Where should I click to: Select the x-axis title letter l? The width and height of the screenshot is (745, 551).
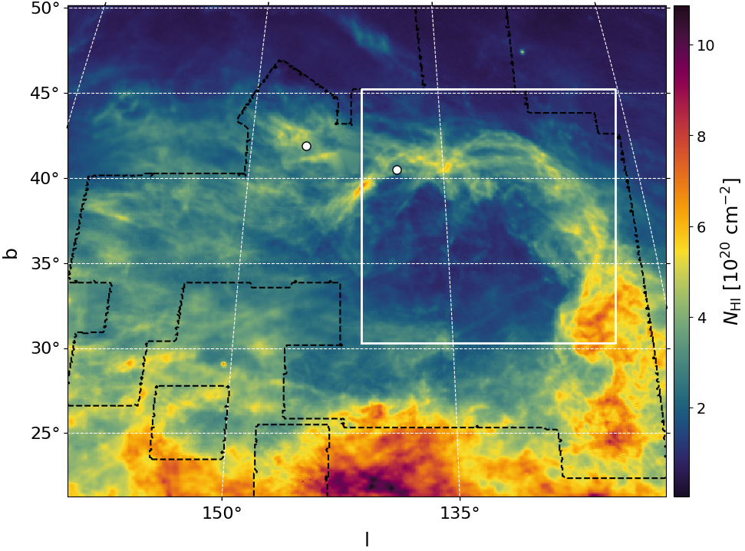(x=367, y=539)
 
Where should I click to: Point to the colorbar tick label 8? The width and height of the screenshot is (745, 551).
(x=702, y=136)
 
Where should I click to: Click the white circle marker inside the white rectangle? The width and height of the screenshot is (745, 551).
(x=397, y=170)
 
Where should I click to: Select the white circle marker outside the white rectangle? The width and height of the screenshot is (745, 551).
(x=306, y=146)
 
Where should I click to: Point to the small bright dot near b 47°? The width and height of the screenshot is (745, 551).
(x=522, y=52)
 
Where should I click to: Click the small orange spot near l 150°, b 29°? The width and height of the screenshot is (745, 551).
(x=223, y=364)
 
